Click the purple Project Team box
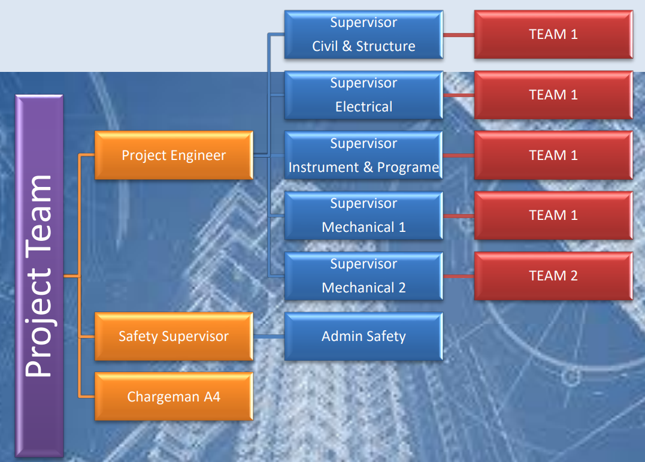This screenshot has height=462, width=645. tap(39, 276)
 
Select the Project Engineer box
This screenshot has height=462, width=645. tap(174, 155)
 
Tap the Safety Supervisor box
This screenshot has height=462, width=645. tap(174, 336)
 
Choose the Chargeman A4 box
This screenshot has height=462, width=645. tap(174, 397)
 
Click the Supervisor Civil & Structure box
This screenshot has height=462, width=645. tap(364, 35)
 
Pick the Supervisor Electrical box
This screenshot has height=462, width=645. tap(364, 95)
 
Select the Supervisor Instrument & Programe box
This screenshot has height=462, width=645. tap(364, 155)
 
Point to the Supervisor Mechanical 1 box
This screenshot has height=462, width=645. tap(364, 215)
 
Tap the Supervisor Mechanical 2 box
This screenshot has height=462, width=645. tap(364, 276)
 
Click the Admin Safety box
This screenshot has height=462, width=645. tap(364, 336)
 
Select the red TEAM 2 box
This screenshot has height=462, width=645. tap(553, 276)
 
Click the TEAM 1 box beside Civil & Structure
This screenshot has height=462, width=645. tap(553, 35)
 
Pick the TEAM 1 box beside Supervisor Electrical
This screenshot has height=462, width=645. tap(553, 95)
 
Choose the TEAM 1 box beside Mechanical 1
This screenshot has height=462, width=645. tap(553, 215)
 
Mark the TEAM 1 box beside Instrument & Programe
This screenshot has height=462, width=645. tap(553, 155)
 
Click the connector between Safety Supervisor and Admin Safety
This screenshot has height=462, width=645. tap(269, 336)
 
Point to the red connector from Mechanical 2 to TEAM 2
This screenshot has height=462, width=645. tap(459, 276)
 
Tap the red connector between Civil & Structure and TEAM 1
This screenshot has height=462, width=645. tap(459, 35)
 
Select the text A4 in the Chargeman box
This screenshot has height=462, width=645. tap(212, 397)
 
